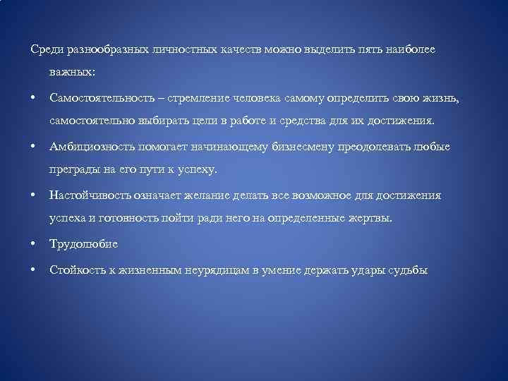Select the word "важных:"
[x=74, y=72]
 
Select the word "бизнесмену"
[x=314, y=147]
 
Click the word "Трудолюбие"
[x=83, y=244]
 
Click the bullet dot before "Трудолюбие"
[x=33, y=244]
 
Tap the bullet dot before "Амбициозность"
[x=33, y=147]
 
